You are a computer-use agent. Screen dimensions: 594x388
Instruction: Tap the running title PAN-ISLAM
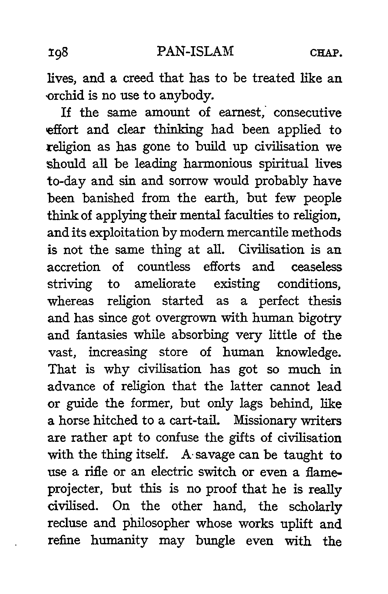[x=196, y=52]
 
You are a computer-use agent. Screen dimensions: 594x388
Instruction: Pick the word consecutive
[x=308, y=113]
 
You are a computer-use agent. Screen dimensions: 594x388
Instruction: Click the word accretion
[x=74, y=267]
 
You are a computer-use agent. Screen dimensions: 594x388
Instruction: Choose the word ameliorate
[x=165, y=284]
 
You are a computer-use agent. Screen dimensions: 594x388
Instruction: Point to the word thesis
[x=325, y=301]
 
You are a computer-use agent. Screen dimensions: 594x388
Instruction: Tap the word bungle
[x=216, y=541]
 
